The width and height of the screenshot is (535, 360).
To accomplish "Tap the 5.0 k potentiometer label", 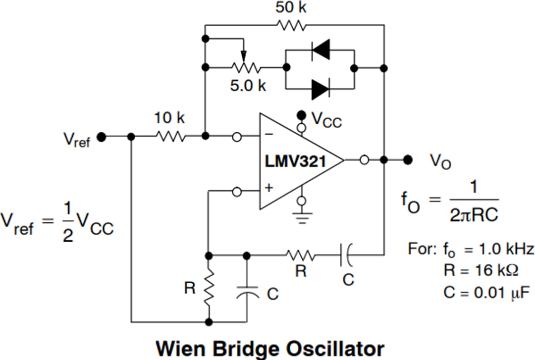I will click(248, 85).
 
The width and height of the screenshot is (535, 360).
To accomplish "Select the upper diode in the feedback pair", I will click(320, 50).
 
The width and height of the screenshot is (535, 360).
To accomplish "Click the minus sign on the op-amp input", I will click(268, 134).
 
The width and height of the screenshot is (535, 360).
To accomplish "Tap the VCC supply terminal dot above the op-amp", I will click(301, 115).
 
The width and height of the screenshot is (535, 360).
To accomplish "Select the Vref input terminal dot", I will click(102, 137).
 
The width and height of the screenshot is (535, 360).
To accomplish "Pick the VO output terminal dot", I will click(408, 159).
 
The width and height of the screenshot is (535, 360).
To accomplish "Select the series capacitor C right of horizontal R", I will click(346, 255).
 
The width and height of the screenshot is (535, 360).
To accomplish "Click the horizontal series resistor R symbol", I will click(300, 255).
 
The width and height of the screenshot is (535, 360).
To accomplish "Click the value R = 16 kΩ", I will click(481, 270).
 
